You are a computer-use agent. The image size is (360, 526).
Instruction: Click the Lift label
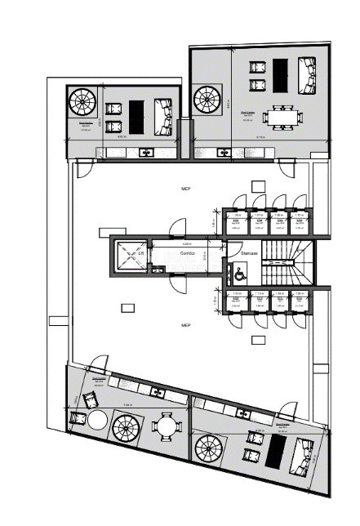[141, 254]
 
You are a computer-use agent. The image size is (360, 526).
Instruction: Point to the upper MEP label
[185, 189]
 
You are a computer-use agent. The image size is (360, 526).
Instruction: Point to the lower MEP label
[185, 324]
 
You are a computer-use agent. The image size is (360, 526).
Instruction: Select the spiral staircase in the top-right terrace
[207, 100]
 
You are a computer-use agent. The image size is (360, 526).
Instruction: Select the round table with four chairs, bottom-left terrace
[167, 426]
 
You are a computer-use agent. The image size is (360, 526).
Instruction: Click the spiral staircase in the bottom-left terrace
[126, 426]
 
